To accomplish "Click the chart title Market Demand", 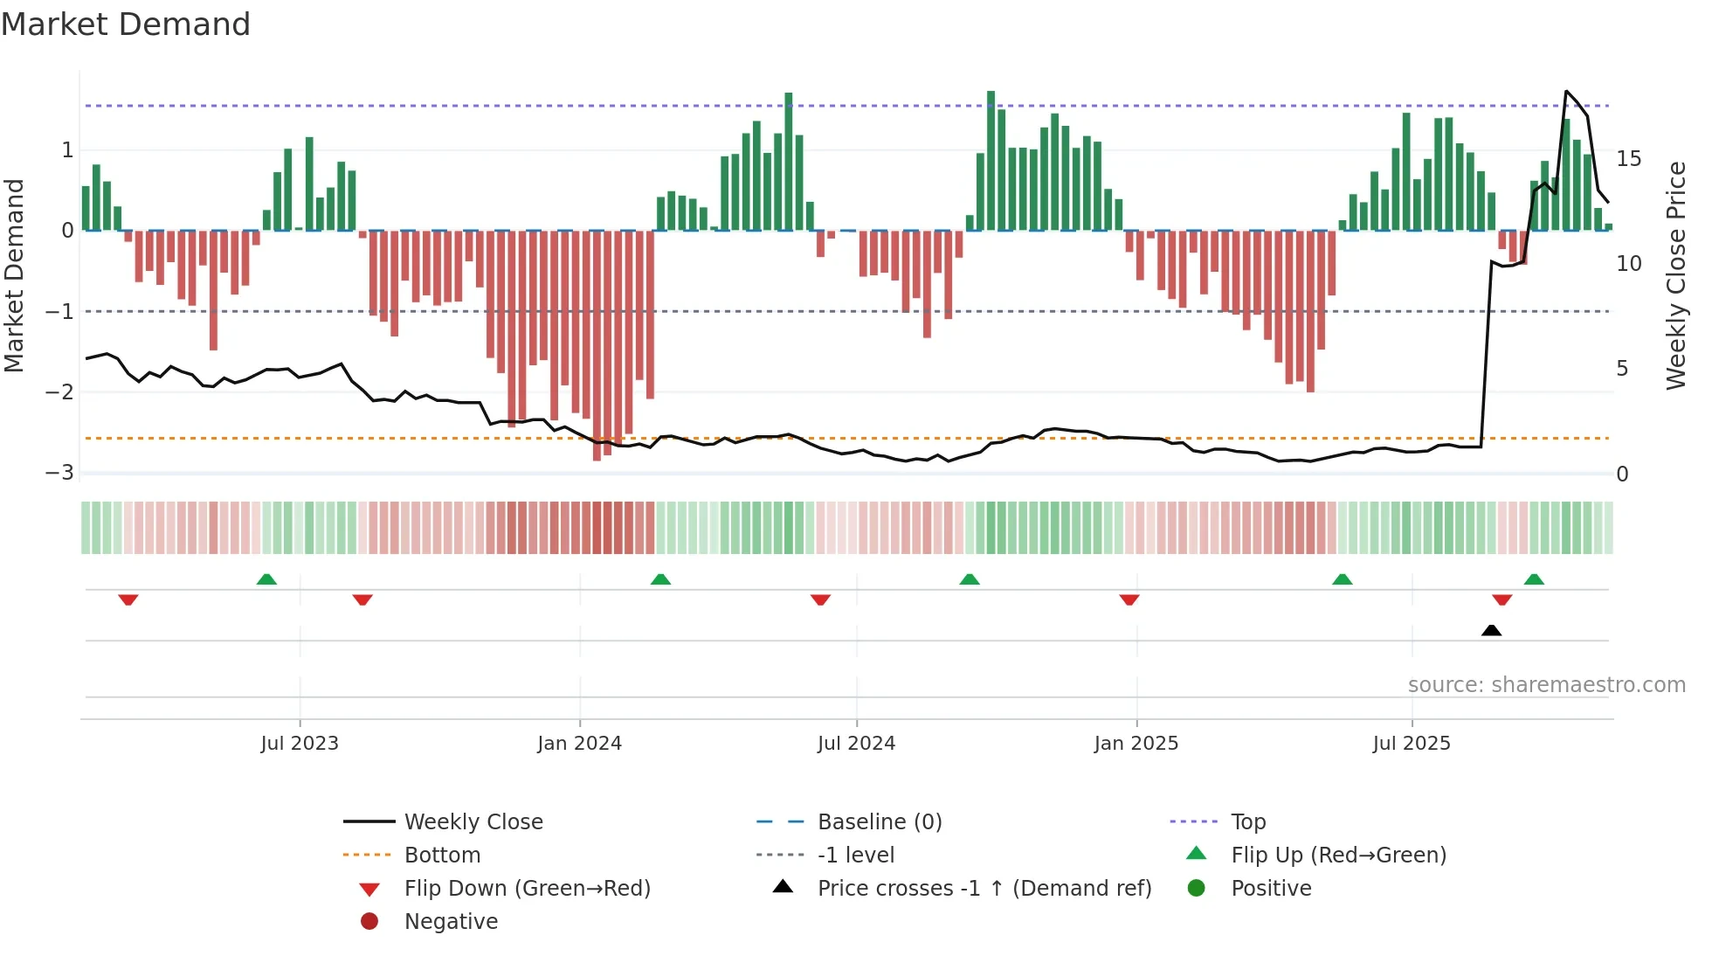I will coord(126,24).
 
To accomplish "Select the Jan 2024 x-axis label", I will coord(579,744).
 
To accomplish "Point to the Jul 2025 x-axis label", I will coord(1411,744).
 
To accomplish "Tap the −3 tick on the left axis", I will coord(59,473).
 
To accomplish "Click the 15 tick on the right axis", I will coord(1628,159).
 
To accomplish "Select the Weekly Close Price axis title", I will coord(1675,275).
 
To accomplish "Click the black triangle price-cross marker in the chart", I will coord(1491,630).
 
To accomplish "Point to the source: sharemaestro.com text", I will coord(1546,685).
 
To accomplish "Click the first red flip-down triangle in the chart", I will coord(128,599).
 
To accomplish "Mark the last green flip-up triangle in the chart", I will coord(1534,579).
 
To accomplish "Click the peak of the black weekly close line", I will coord(1566,92).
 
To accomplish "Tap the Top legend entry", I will coord(1247,822).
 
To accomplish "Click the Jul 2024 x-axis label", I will coord(856,744).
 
